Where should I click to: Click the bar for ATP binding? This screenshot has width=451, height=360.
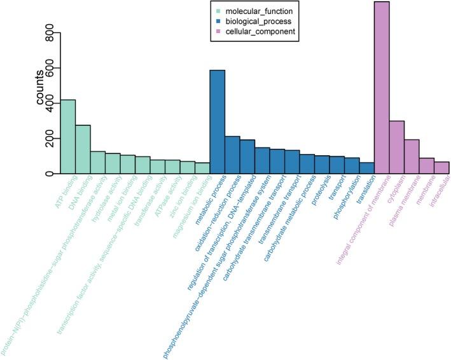coord(67,137)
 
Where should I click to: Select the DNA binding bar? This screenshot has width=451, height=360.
coord(83,149)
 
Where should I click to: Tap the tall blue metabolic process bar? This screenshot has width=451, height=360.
coord(218,121)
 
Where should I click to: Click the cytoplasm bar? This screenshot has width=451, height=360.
coord(397,147)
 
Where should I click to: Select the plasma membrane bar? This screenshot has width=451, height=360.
coord(412,156)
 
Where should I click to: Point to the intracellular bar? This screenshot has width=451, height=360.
coord(441,167)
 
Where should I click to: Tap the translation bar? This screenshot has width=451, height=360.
coord(367,168)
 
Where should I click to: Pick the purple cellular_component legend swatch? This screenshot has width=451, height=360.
coord(218,31)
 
